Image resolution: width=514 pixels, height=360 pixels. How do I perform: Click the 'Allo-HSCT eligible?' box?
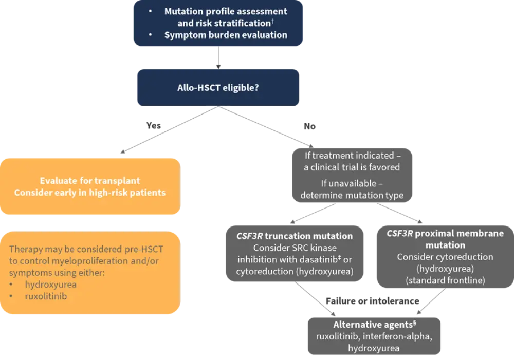click(x=218, y=88)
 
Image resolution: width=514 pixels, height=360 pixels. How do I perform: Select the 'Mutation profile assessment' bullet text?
click(x=226, y=11)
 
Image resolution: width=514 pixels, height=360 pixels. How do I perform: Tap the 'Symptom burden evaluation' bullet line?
click(x=226, y=35)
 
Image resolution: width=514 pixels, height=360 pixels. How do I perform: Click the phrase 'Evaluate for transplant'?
click(x=90, y=181)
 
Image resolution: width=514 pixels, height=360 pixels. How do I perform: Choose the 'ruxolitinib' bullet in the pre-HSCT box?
click(x=46, y=296)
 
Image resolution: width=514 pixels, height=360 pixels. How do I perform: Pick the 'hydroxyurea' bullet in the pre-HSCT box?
click(x=48, y=284)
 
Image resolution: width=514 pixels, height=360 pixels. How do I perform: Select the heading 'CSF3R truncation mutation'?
click(x=295, y=236)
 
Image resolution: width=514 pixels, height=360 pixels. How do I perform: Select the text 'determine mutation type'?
click(x=352, y=195)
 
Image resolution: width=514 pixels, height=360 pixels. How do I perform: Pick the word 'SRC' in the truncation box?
click(x=298, y=248)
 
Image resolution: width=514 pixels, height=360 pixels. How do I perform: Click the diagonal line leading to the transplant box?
click(x=164, y=131)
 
